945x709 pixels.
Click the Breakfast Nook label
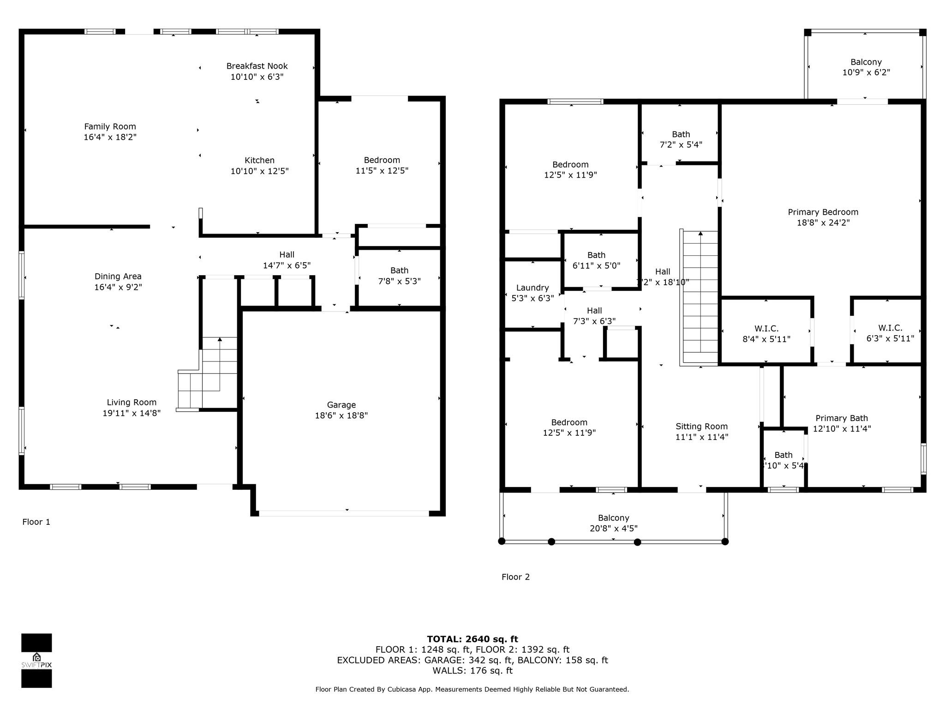257,66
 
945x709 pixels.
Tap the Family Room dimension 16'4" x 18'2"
110,137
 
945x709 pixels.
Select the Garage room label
341,405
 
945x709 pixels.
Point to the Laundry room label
532,288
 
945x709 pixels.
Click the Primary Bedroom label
823,212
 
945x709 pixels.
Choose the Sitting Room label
702,427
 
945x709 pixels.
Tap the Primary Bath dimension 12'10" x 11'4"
842,428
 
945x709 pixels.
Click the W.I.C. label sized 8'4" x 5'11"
766,329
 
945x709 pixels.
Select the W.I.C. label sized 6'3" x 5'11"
890,328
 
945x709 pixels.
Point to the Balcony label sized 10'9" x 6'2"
866,62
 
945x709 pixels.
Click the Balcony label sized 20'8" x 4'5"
614,518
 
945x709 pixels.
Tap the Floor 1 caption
36,522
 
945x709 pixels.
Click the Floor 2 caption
515,577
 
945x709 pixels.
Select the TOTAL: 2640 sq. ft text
472,639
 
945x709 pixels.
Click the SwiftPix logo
36,661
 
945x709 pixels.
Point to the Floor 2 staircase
700,298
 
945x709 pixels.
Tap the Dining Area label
118,276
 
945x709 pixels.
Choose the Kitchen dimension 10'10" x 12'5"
260,171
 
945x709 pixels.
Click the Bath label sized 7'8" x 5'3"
400,270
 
